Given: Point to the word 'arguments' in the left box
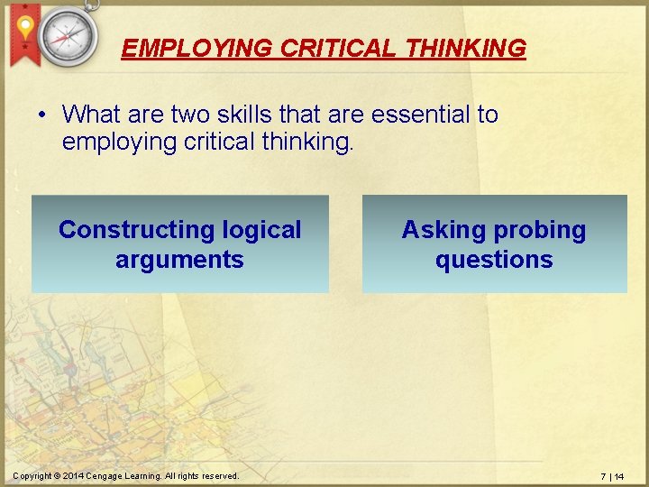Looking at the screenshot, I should click(179, 260).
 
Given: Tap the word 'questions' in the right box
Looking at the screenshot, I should click(494, 260).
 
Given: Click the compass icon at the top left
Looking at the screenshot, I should click(68, 35).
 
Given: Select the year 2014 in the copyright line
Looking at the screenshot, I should click(73, 476).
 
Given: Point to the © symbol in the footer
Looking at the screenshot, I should click(56, 476).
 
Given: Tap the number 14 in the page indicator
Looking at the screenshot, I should click(619, 476).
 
